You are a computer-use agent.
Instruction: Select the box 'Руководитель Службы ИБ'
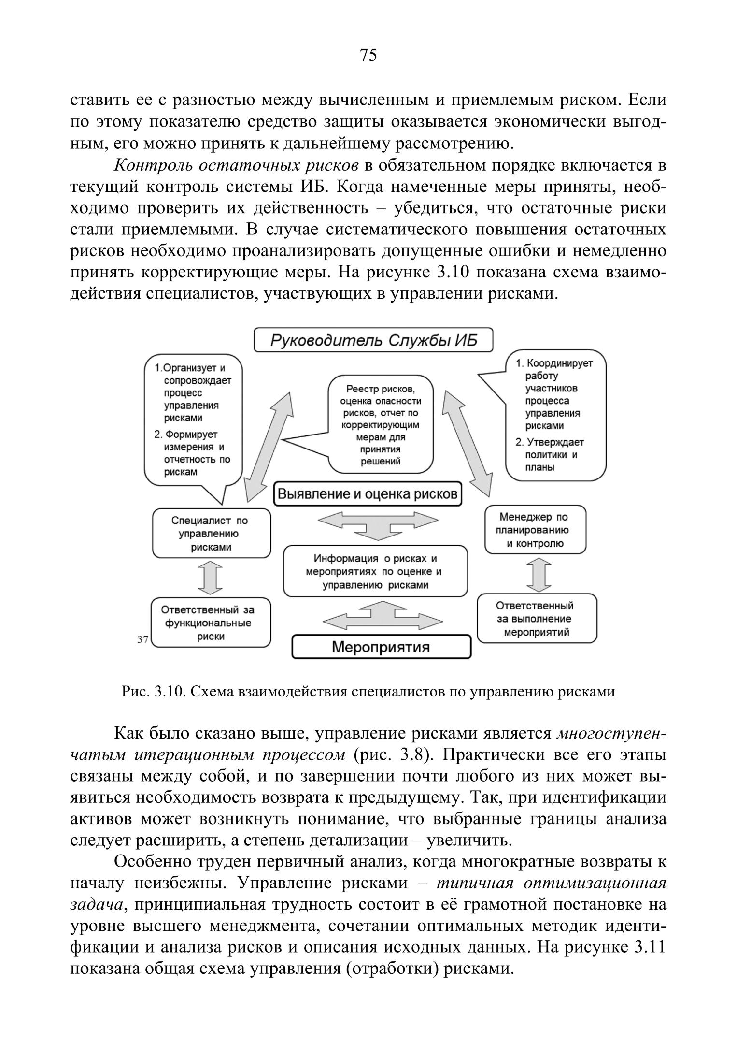coord(373,340)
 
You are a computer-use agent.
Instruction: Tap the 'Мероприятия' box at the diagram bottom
coord(381,647)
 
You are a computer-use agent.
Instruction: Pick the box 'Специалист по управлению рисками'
coord(211,534)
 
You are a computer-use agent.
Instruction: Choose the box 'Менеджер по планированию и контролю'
coord(535,530)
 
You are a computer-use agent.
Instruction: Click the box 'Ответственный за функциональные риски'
coord(211,623)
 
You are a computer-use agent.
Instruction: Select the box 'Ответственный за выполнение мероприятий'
coord(537,619)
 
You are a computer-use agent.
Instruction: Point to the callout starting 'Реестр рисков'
coord(381,425)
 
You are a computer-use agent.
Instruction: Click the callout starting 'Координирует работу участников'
coord(555,416)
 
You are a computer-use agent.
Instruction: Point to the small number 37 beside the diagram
coord(142,639)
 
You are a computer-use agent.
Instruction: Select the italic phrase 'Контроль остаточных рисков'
coord(237,166)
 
